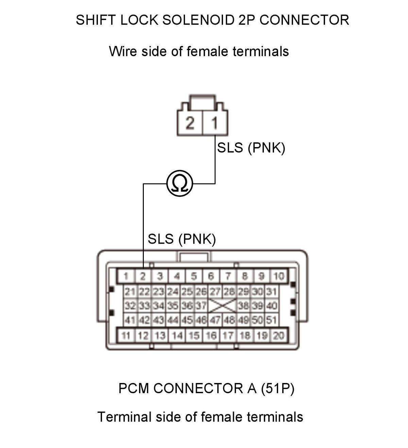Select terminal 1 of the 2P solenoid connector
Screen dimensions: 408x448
(215, 123)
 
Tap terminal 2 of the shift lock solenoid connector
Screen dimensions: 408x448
(190, 123)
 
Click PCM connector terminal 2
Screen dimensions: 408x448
(143, 276)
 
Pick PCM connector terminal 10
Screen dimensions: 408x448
(278, 276)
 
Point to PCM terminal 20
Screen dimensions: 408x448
(278, 336)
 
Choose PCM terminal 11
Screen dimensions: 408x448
(126, 336)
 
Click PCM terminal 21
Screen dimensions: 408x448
(131, 292)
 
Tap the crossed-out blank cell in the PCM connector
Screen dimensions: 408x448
(222, 306)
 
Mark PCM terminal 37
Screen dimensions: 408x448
(201, 306)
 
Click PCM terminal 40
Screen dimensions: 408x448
(271, 306)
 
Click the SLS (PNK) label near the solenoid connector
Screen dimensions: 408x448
(251, 148)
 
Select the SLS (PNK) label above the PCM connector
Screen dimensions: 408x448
(182, 239)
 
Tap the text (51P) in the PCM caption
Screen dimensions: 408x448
(277, 388)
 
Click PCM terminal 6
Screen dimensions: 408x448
(211, 276)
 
